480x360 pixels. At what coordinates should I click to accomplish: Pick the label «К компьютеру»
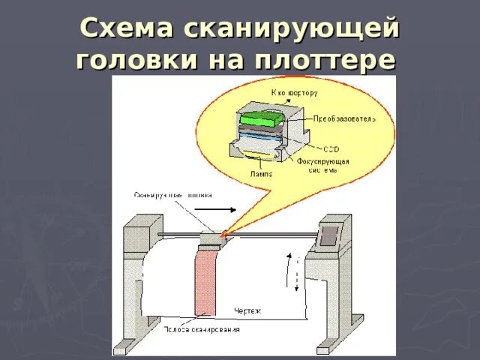[294, 93]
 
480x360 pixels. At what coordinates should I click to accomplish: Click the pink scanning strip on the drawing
[205, 281]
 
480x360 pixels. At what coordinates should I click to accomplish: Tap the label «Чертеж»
[247, 310]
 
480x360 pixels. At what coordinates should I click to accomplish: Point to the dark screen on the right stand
[328, 235]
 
